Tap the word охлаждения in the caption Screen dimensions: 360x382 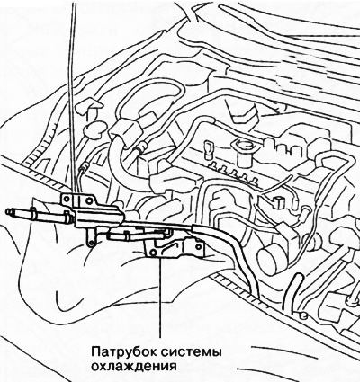(x=133, y=367)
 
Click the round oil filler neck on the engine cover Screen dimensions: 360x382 (x=244, y=149)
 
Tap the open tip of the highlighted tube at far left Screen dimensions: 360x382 (x=8, y=212)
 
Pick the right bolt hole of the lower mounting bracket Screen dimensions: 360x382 (x=197, y=246)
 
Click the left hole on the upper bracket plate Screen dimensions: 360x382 (x=67, y=200)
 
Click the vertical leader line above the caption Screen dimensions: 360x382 (x=160, y=298)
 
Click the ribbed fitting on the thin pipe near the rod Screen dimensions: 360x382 (x=84, y=165)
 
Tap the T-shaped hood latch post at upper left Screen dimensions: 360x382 (x=89, y=109)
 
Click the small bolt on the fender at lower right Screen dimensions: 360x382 (x=303, y=315)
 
